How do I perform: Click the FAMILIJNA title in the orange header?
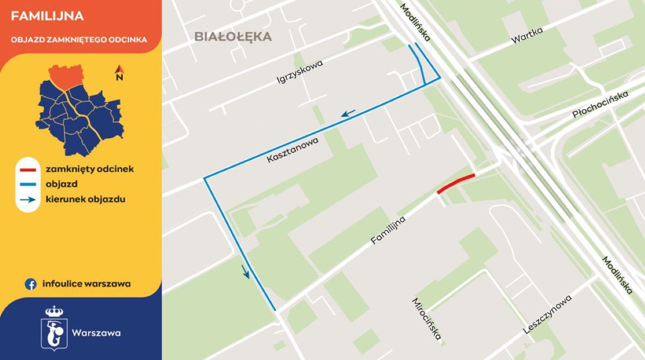pos(47,17)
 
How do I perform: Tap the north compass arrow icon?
pos(120,73)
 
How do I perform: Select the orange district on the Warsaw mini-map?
pos(66,76)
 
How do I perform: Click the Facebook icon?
pos(31,284)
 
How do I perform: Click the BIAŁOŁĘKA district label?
pos(233,37)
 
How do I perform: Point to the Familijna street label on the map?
pos(388,231)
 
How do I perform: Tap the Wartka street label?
pos(527,35)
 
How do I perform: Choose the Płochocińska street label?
pos(600,105)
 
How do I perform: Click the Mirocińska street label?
pos(427,319)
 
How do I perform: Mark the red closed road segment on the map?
pos(456,183)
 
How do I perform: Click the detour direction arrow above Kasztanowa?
pos(348,113)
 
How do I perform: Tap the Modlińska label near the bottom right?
pos(617,275)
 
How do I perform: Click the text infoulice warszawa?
pos(86,284)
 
